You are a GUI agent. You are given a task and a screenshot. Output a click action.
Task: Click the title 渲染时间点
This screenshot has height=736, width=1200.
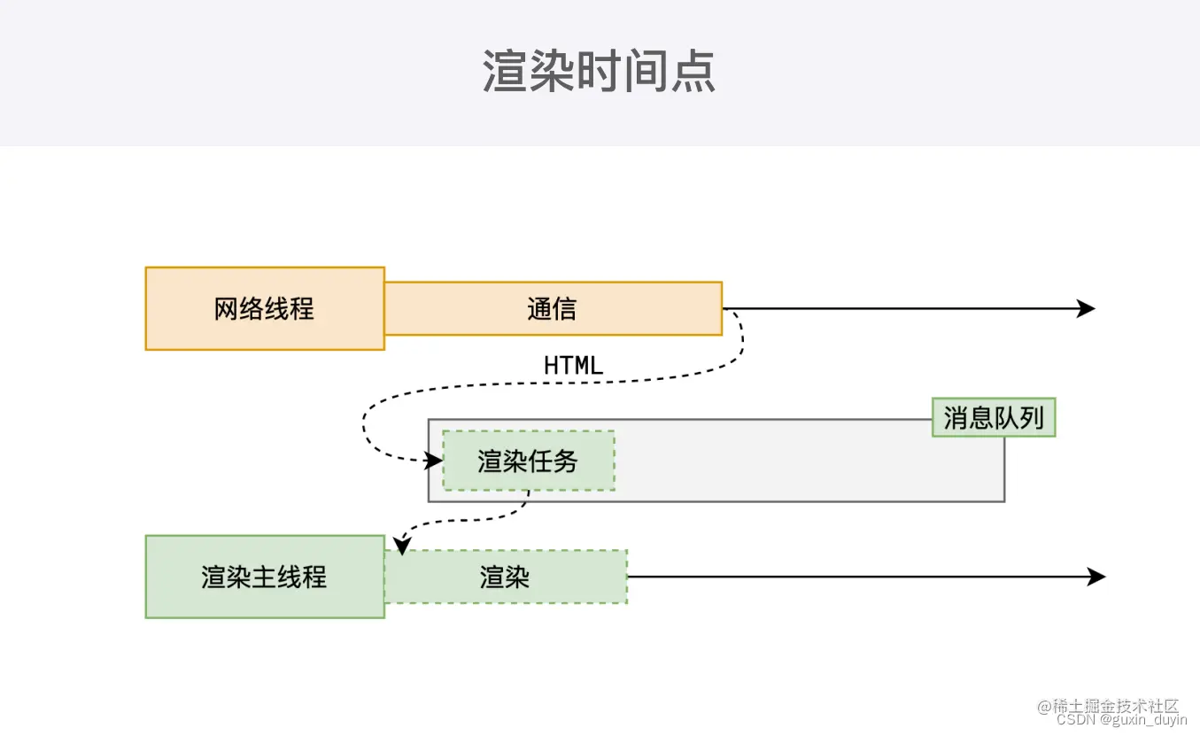coord(599,71)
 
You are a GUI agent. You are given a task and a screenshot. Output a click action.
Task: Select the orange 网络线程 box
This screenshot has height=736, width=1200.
coord(265,308)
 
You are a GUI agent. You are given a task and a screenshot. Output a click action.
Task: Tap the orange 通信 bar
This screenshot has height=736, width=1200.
coord(553,308)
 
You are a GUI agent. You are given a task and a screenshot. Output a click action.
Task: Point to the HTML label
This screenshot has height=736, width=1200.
coord(573,365)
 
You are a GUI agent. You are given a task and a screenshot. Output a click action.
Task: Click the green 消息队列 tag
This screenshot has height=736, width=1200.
coord(994,417)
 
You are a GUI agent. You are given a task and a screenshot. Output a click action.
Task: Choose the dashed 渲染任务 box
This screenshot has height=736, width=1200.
coord(528,461)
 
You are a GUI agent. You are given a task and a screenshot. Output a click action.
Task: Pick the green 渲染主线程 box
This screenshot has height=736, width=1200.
coord(265,577)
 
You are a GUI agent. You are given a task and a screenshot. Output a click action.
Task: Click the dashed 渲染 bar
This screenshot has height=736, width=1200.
coord(506,577)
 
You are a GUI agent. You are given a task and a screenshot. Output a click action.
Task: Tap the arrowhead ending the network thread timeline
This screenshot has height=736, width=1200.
coord(1087,308)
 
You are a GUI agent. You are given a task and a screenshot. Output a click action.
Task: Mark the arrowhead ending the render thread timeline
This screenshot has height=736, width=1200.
coord(1097,577)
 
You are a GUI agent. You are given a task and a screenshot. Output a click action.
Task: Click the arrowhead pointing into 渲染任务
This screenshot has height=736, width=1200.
coord(434,461)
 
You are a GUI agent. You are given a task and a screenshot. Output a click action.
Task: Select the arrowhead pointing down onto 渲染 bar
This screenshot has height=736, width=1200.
coord(402,546)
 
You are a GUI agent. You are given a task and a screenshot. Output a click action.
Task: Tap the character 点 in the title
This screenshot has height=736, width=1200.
coord(693,71)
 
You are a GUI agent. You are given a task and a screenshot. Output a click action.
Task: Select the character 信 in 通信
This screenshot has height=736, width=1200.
coord(565,308)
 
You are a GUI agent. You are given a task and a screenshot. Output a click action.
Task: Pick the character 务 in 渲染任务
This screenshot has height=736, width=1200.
coord(566,461)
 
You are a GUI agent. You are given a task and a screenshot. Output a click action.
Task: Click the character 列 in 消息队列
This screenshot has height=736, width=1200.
coord(1033,417)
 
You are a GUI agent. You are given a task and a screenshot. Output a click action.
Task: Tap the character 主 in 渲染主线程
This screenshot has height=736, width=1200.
coord(265,577)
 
